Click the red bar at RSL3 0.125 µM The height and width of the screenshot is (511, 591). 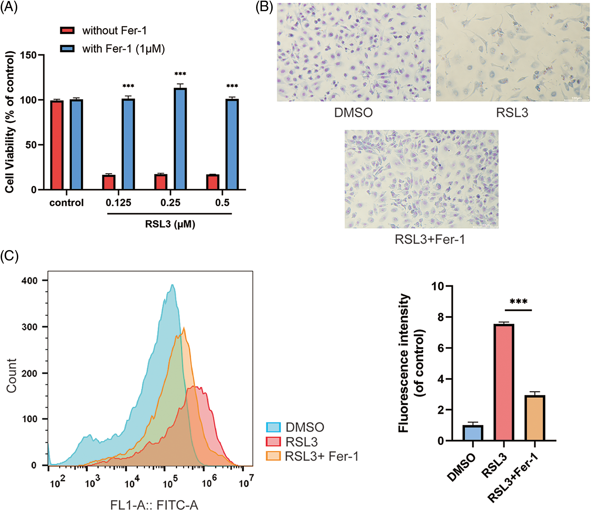(109, 182)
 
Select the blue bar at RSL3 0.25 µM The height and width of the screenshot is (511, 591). (180, 139)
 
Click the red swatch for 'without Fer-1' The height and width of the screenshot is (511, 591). (67, 30)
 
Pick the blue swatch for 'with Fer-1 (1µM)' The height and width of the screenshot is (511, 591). (67, 49)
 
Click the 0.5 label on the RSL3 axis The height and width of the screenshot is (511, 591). (222, 203)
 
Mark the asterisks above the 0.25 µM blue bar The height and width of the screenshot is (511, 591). (180, 74)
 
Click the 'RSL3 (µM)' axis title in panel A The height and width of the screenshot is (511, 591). (170, 224)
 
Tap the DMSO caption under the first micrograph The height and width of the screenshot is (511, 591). (353, 113)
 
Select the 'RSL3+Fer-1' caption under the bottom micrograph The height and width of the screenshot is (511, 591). (430, 239)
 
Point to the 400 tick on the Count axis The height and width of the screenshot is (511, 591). (30, 281)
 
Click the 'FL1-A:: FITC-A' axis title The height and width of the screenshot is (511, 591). (154, 505)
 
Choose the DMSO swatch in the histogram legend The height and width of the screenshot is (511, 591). (273, 428)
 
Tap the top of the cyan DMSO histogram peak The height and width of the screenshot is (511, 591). (172, 285)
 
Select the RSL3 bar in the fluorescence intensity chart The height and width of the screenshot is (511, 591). (503, 382)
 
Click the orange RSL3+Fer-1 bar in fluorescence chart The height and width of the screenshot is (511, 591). (535, 418)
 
